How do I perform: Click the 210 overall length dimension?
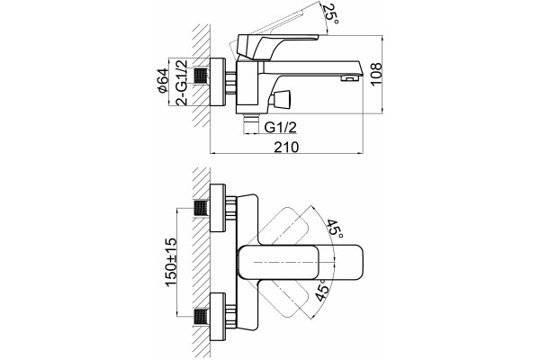coord(286,147)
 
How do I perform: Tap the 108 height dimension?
coord(376,74)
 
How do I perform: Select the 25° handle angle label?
coord(331,14)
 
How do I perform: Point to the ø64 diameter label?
coord(162,81)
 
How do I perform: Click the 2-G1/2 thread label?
coord(182,83)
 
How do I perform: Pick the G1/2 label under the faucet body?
coord(280,128)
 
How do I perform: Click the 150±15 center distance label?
coord(171,262)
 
